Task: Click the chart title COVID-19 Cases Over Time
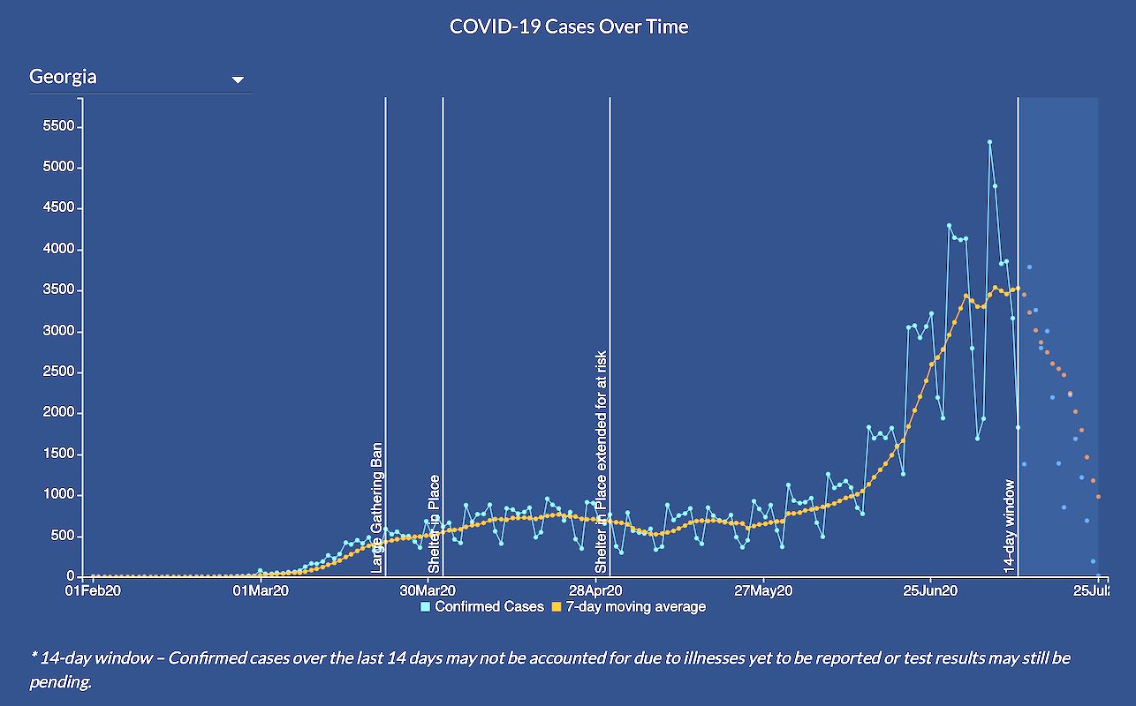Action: (568, 26)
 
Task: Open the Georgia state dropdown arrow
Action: (237, 79)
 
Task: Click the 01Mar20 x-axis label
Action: (260, 590)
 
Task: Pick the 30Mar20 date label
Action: (428, 590)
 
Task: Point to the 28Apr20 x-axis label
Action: (595, 590)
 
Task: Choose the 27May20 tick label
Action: (763, 590)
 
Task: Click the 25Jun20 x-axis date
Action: (931, 590)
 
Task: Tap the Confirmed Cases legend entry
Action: (482, 606)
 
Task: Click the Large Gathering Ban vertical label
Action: (377, 508)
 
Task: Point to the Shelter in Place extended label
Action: (602, 462)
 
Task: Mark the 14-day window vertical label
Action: (1010, 527)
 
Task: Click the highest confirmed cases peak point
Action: (989, 141)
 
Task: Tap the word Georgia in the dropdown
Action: (63, 77)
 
